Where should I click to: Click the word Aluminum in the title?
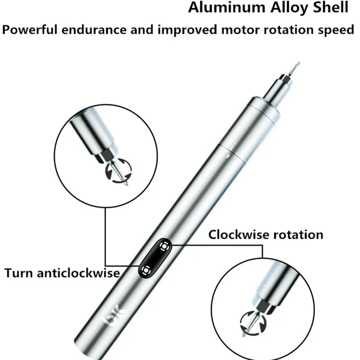tap(227, 7)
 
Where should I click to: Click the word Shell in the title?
tap(331, 7)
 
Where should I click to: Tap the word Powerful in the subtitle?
tap(29, 30)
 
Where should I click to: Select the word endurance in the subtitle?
tap(94, 30)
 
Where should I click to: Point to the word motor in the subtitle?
tap(241, 30)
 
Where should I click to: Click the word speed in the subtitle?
tap(336, 31)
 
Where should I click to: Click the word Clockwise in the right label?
tap(239, 234)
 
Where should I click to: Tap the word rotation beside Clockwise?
tap(298, 235)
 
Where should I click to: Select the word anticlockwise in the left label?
tap(78, 273)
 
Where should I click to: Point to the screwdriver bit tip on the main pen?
tap(298, 63)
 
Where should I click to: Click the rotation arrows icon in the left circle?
tap(118, 171)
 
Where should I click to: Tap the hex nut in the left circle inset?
tap(106, 155)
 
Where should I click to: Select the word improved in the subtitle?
tap(187, 31)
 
